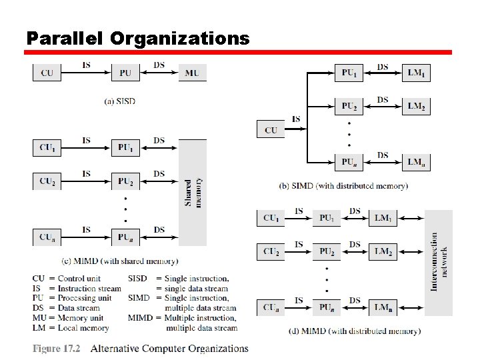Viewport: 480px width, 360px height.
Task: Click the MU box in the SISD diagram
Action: tap(192, 73)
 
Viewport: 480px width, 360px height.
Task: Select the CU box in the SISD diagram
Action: tap(47, 73)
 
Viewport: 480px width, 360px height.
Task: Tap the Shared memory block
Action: tap(193, 192)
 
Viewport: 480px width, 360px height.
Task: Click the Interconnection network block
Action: tap(439, 263)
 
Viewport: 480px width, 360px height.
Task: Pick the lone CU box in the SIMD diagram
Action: tap(271, 129)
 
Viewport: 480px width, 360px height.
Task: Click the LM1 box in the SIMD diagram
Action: tap(416, 72)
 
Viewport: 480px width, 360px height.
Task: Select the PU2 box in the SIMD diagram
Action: tap(349, 106)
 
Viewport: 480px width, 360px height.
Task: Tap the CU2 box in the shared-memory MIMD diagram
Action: tap(47, 181)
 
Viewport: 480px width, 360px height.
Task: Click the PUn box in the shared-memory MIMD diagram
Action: tap(125, 237)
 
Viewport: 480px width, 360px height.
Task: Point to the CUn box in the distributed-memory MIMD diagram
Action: tap(271, 307)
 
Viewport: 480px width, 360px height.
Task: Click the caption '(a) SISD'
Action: tap(120, 101)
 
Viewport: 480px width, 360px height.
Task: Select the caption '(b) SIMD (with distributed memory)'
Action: tap(343, 186)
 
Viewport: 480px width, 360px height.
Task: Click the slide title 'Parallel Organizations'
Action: tap(137, 38)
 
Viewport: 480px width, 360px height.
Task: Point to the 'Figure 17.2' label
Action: tap(57, 349)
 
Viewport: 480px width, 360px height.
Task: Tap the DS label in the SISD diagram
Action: tap(159, 65)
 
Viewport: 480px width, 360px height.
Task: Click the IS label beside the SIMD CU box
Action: tap(296, 119)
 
